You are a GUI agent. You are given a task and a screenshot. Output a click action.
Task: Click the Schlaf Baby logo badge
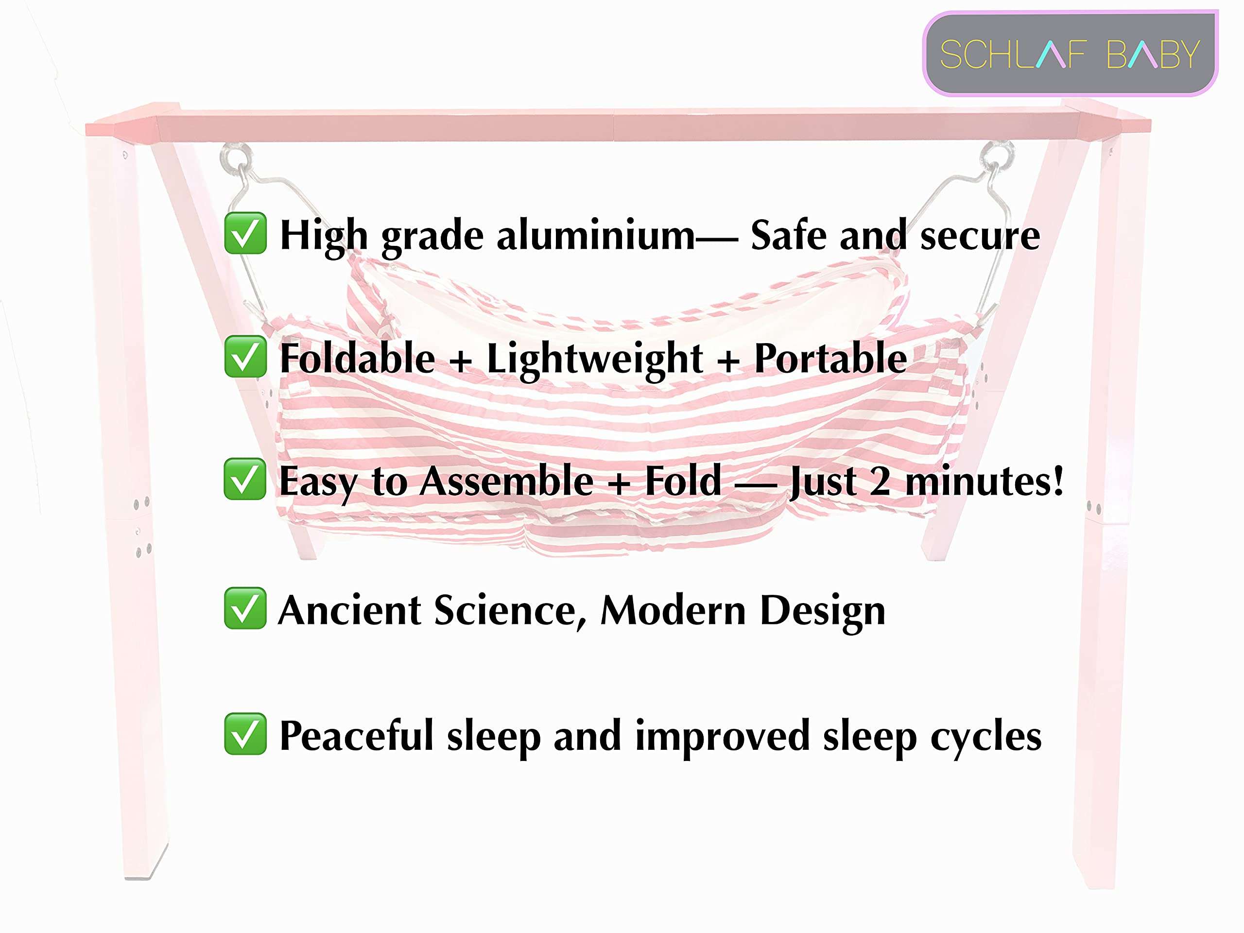coord(1070,53)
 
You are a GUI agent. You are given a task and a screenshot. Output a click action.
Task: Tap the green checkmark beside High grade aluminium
coord(245,233)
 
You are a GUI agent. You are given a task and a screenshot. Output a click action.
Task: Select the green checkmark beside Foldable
coord(245,356)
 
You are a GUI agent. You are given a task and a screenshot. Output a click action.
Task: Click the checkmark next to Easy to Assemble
coord(244,479)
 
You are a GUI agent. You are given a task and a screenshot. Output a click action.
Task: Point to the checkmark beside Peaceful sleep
coord(245,733)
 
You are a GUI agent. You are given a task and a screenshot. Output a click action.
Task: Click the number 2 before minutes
coord(880,482)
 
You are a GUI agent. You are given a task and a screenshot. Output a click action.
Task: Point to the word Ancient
coord(349,610)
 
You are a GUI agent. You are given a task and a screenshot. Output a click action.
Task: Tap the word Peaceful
coord(357,735)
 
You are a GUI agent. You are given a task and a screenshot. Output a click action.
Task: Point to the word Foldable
coord(357,358)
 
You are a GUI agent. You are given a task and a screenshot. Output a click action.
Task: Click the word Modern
coord(673,610)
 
